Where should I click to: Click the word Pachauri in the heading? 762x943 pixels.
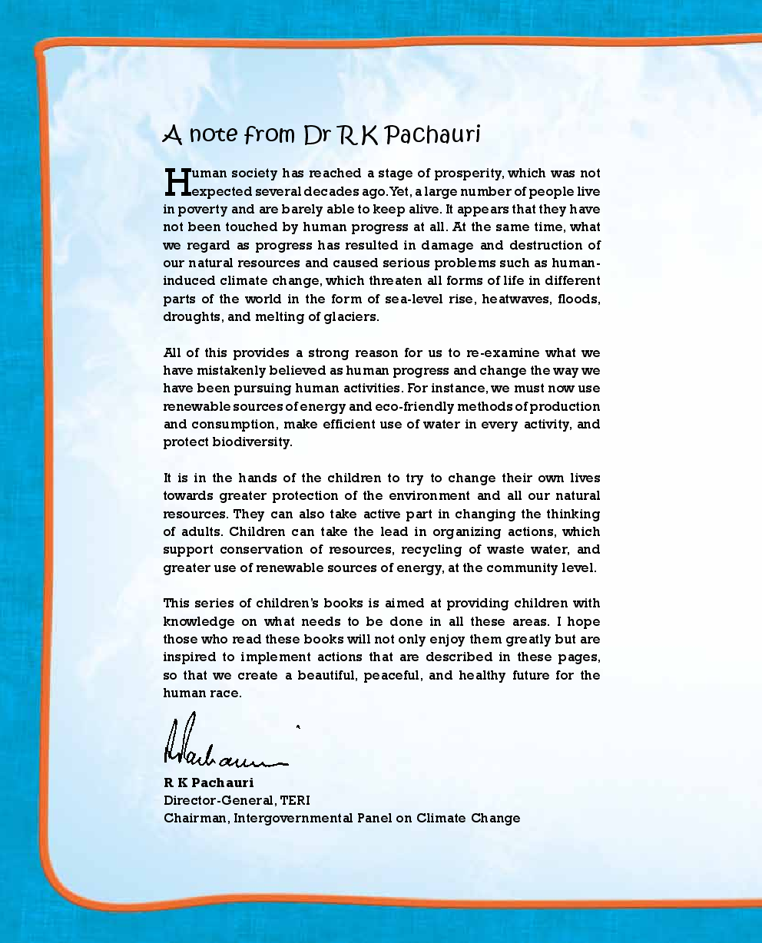pos(432,135)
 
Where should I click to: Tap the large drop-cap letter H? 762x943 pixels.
pos(177,182)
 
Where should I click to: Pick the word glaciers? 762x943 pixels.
pos(351,317)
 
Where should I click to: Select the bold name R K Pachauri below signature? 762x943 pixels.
pos(208,783)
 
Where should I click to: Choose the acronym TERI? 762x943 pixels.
pos(295,800)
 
